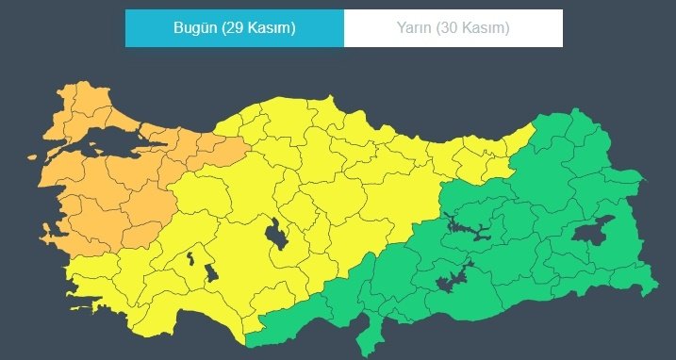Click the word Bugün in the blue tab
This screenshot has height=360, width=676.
click(194, 28)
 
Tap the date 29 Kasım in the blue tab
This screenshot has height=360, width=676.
click(258, 28)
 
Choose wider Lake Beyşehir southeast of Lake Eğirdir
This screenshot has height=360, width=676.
click(211, 274)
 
